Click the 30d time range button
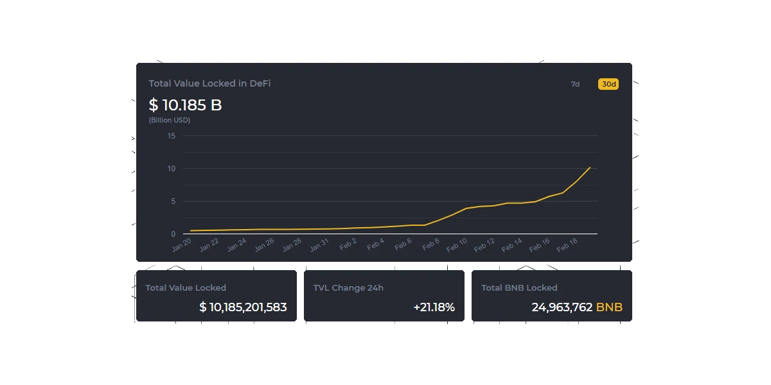(608, 84)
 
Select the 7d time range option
(575, 84)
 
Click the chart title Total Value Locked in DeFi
(209, 83)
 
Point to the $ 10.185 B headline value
(185, 105)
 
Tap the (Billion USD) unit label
(170, 120)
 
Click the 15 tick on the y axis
(172, 136)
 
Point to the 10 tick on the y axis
(172, 168)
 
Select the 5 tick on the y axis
(173, 201)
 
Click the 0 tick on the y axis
(173, 234)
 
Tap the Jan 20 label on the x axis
(181, 244)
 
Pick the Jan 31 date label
(319, 244)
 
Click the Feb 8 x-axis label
(431, 244)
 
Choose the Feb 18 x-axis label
(567, 244)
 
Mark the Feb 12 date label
(484, 244)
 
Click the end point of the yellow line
(590, 167)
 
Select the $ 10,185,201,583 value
(243, 307)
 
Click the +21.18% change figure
(434, 307)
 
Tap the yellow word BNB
(609, 307)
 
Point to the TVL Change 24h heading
(348, 287)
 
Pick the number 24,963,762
(562, 307)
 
